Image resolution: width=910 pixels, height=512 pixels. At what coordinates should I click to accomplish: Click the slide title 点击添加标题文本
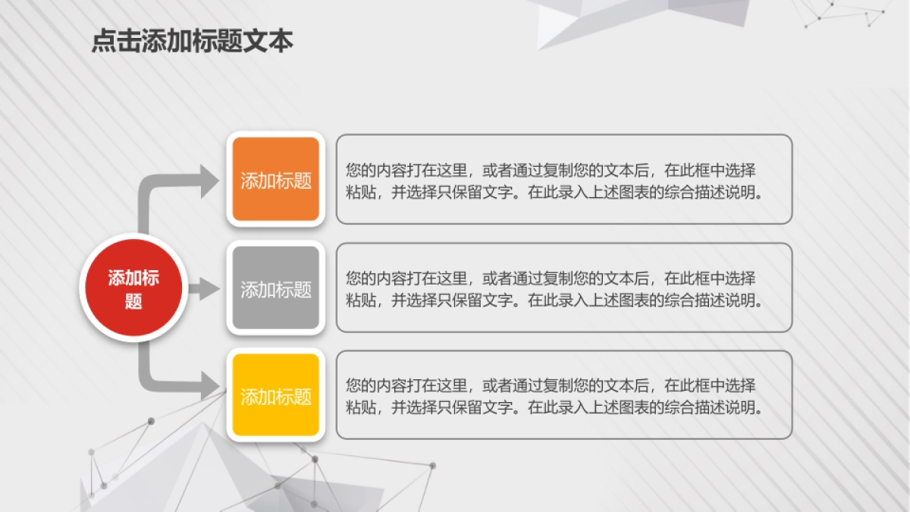192,41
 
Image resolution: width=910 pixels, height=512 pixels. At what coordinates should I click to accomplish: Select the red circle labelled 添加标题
133,288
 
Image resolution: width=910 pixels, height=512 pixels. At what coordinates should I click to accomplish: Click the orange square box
275,180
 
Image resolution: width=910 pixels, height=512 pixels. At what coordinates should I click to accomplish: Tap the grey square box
275,288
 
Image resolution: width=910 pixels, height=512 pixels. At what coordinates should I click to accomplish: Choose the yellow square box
275,395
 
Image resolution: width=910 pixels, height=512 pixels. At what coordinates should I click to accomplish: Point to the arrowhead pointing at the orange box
211,181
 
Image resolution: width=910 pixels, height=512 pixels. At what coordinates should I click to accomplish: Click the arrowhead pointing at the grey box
208,288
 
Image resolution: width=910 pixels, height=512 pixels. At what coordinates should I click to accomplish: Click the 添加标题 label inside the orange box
276,181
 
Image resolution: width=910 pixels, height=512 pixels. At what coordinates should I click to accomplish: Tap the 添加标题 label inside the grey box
276,289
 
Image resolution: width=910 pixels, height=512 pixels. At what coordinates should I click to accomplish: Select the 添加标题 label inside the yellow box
276,397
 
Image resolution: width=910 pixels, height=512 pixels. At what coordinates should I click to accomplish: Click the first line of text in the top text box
551,170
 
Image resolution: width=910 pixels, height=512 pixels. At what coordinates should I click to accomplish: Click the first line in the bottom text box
551,385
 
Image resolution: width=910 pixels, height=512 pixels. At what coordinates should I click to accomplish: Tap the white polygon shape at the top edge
637,19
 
